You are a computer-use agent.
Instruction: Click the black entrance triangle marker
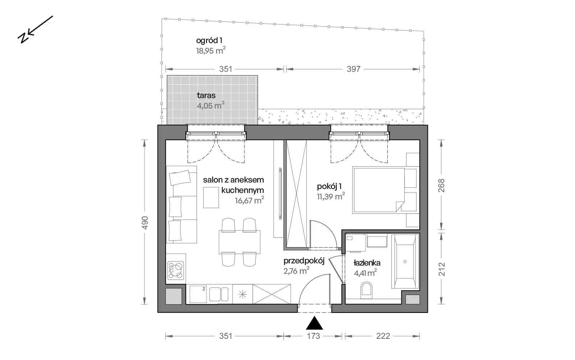point(314,324)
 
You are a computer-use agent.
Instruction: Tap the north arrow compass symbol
point(35,29)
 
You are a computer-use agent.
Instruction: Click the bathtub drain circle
point(405,262)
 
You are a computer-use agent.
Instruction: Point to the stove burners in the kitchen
point(176,271)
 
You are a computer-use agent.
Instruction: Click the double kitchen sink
point(219,294)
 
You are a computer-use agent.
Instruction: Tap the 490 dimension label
point(145,223)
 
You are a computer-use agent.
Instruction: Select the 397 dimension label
point(354,69)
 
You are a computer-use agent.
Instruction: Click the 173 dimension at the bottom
point(313,336)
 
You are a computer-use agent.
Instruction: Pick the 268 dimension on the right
point(441,185)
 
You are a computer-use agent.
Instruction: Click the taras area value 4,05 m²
point(211,105)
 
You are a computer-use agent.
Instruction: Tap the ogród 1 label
point(209,41)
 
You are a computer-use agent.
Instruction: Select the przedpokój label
point(304,261)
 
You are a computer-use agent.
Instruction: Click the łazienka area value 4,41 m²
point(365,273)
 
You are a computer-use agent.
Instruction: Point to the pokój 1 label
point(329,186)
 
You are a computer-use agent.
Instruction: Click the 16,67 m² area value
point(249,200)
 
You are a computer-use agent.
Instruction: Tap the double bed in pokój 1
point(386,190)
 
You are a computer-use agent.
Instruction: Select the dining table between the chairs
point(239,242)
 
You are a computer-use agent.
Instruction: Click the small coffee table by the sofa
point(211,197)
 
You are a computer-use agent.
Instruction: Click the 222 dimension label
point(383,336)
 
